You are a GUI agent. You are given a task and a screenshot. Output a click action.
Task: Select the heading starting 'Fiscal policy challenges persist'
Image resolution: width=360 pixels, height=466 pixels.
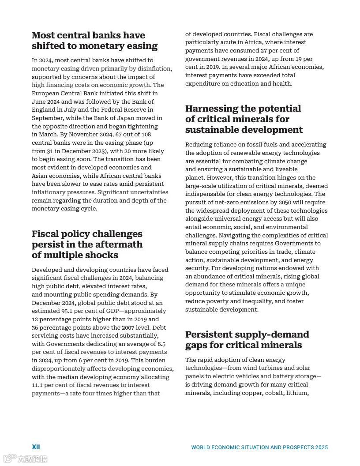(87, 244)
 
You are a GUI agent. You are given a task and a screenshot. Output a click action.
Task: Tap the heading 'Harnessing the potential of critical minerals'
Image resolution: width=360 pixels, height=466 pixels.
(244, 119)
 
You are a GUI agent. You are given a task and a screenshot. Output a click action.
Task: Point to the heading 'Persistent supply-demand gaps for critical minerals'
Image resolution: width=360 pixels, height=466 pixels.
(247, 340)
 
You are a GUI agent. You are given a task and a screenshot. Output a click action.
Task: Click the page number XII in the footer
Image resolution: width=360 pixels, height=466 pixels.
(36, 447)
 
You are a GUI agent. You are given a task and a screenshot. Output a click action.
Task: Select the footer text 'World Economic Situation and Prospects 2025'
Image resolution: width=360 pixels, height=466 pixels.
(259, 447)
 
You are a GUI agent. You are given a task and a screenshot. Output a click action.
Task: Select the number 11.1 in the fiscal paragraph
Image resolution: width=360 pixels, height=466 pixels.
(38, 385)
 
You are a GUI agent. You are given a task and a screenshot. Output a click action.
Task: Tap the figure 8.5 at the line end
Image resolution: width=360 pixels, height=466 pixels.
(161, 344)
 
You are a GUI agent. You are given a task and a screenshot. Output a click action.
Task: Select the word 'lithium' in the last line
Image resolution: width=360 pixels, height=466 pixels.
(296, 393)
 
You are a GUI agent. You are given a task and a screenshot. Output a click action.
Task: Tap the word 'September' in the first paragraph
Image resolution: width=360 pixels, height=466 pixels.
(47, 118)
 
